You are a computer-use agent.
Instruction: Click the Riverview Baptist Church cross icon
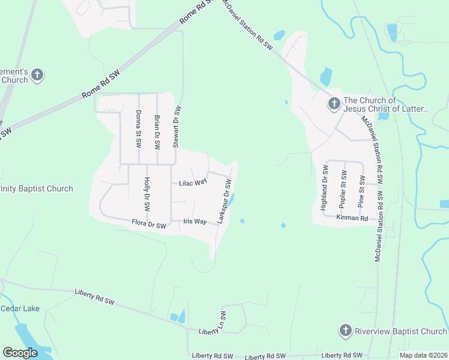345,331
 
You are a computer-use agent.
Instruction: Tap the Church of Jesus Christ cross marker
333,104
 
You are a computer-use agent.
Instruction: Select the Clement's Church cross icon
37,76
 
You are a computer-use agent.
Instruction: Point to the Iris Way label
195,221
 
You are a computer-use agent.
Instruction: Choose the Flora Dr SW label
148,225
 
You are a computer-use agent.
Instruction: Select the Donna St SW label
139,129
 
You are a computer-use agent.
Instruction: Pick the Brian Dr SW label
157,131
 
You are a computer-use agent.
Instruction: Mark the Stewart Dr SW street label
176,127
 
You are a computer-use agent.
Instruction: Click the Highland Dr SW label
324,189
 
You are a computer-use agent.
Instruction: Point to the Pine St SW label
361,191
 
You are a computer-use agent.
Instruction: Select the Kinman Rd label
352,218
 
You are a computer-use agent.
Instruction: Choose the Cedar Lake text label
20,308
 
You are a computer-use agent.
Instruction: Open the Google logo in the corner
20,353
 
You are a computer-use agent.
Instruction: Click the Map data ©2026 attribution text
423,355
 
